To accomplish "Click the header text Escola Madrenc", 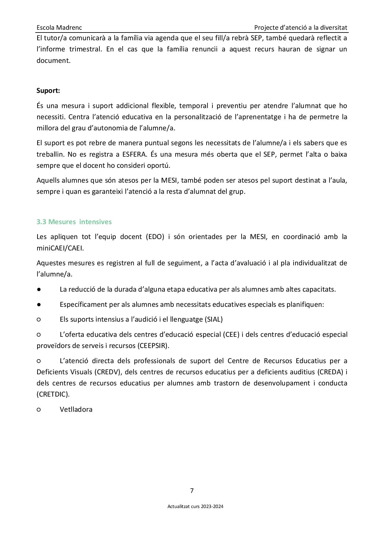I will tap(59, 28).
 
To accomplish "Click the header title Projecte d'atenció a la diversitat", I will tap(300, 28).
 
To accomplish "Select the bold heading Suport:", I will tap(48, 91).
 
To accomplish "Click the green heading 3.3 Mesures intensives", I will tap(74, 222).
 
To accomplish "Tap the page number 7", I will tap(192, 491).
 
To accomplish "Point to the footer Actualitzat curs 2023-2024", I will tap(195, 507).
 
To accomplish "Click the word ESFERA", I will tap(133, 154).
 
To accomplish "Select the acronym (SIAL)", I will tap(214, 319).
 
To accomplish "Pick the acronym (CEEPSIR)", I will tap(153, 346).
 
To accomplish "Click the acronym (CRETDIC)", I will tap(53, 394).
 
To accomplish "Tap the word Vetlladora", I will tap(76, 410).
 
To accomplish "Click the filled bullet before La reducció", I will tap(39, 289).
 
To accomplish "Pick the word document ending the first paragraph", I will tap(53, 61).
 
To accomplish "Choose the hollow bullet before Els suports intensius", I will tap(39, 319).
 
